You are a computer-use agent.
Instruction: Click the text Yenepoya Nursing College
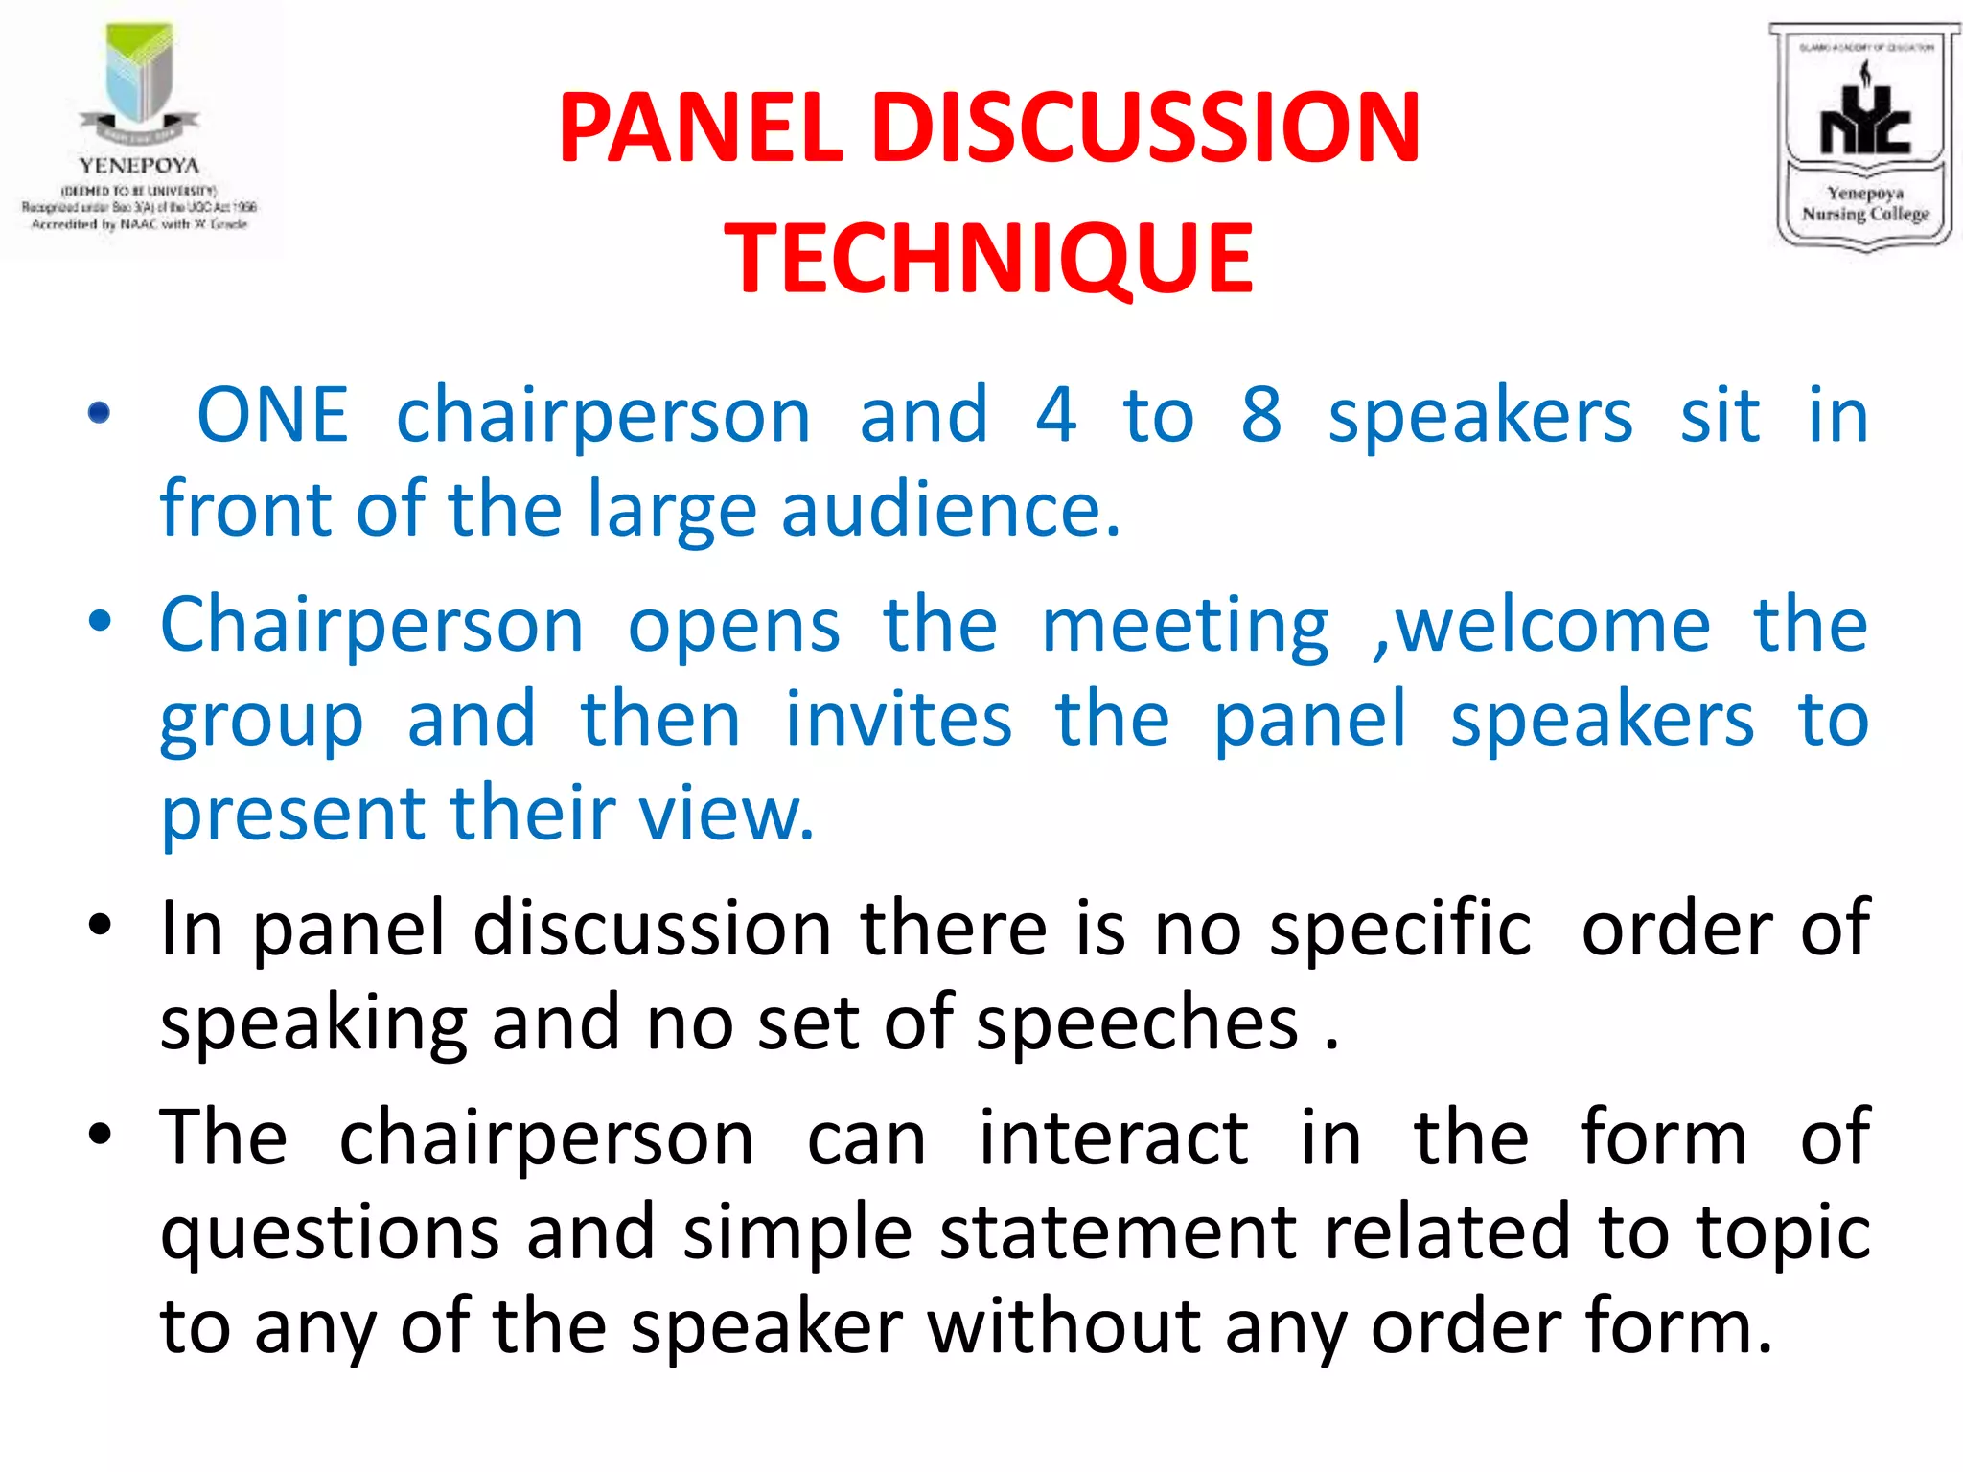pyautogui.click(x=1864, y=203)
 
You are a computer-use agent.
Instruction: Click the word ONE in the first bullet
pyautogui.click(x=272, y=415)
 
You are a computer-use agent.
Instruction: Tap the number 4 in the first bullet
pyautogui.click(x=1055, y=415)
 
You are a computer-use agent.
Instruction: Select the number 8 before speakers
pyautogui.click(x=1260, y=415)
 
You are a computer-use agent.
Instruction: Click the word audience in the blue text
pyautogui.click(x=949, y=509)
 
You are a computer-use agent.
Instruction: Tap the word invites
pyautogui.click(x=898, y=719)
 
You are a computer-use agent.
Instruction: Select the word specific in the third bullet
pyautogui.click(x=1400, y=930)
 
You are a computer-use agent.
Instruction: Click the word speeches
pyautogui.click(x=1137, y=1023)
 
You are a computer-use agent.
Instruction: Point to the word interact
pyautogui.click(x=1113, y=1138)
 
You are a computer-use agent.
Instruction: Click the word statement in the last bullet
pyautogui.click(x=1118, y=1232)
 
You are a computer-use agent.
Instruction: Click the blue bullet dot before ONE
pyautogui.click(x=99, y=414)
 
